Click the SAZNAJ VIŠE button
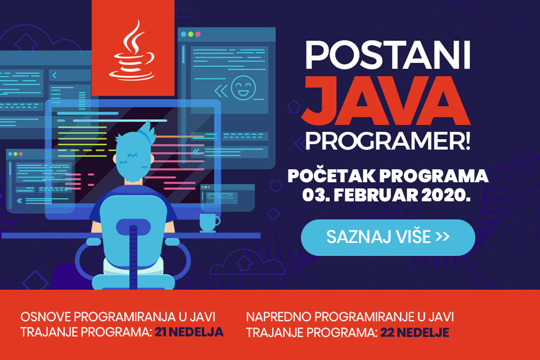point(388,237)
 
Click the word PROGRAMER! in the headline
point(387,142)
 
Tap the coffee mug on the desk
point(209,222)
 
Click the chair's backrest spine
point(133,247)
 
